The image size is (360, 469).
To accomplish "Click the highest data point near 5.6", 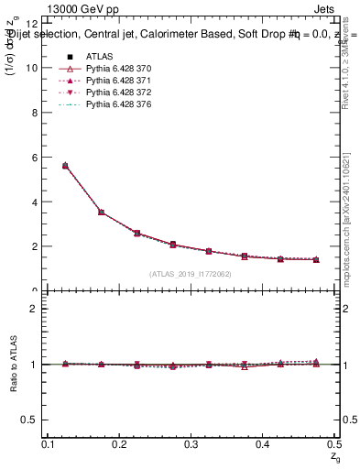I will (65, 166).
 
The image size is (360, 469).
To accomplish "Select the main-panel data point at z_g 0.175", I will (101, 213).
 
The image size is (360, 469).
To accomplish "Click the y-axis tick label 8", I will (33, 113).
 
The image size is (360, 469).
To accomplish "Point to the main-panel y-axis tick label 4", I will (33, 202).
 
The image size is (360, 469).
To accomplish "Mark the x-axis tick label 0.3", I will (190, 443).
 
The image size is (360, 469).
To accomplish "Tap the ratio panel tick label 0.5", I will (29, 420).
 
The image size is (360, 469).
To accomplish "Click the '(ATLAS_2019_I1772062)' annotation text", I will (191, 274).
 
